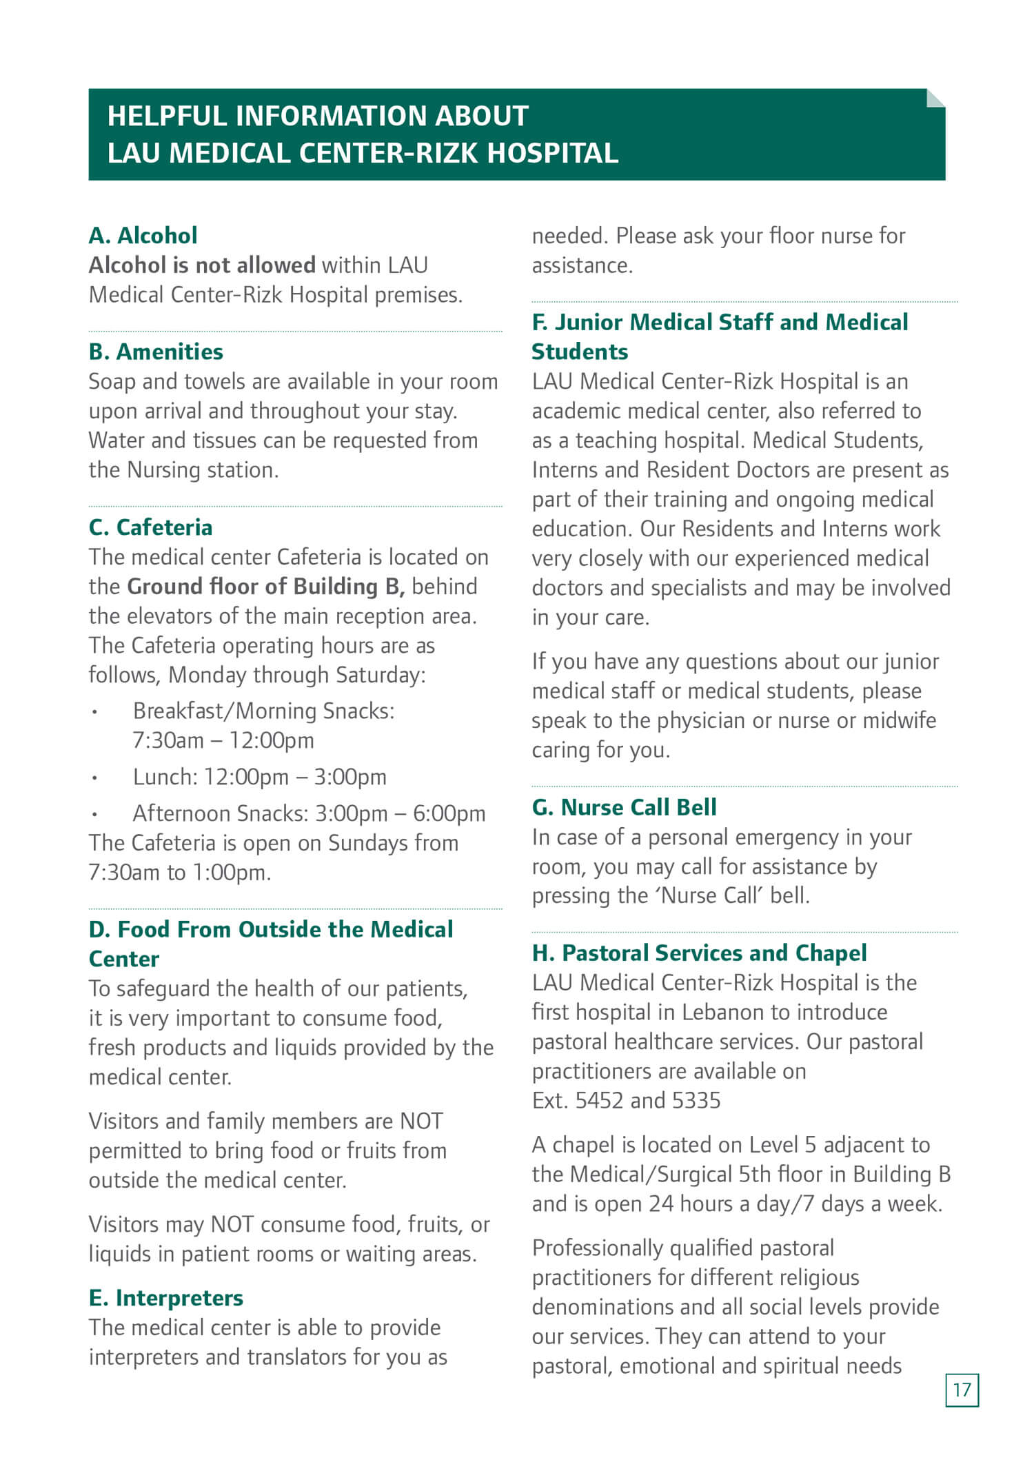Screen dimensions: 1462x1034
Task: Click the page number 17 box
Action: (x=962, y=1389)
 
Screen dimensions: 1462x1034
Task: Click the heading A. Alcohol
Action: (x=143, y=236)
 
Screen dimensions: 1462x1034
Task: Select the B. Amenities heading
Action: (x=156, y=352)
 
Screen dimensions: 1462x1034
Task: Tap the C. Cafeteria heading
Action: (x=150, y=528)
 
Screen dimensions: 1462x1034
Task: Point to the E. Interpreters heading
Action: (x=165, y=1298)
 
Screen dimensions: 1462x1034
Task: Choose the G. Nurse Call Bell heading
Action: (x=624, y=807)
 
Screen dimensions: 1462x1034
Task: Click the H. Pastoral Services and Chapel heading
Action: (x=699, y=953)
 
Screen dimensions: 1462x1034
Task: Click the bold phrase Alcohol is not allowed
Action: (x=202, y=265)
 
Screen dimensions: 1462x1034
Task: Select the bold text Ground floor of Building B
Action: (x=265, y=587)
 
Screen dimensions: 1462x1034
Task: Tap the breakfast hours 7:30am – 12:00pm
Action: (x=223, y=741)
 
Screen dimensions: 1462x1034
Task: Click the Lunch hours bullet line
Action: (x=259, y=778)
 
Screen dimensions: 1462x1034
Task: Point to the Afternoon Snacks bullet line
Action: (x=309, y=814)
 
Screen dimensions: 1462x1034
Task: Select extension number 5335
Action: (x=696, y=1101)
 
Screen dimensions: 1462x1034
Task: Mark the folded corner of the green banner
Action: (x=935, y=98)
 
